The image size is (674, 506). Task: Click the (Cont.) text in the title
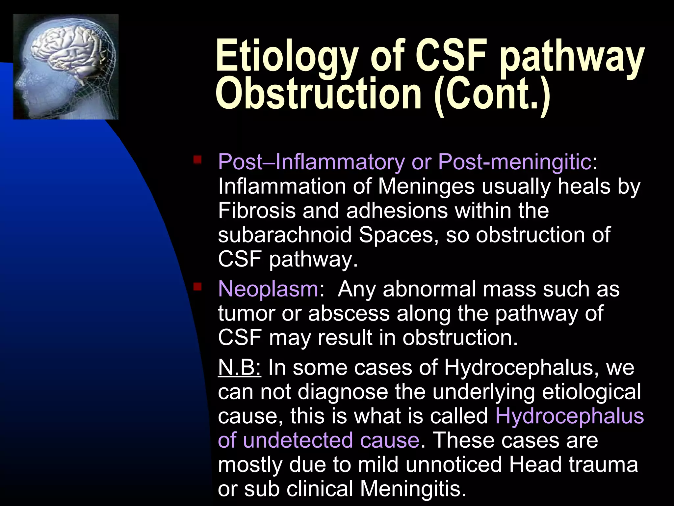click(492, 94)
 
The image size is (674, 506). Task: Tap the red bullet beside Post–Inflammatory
click(197, 160)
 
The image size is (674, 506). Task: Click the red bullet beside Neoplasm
click(197, 287)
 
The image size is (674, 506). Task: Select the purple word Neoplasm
click(268, 289)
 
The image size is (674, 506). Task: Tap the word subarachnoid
click(284, 235)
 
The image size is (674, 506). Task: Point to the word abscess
click(349, 313)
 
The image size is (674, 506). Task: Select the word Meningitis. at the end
click(413, 489)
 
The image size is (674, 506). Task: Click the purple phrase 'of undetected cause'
click(318, 440)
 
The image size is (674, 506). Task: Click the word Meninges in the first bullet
click(426, 186)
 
